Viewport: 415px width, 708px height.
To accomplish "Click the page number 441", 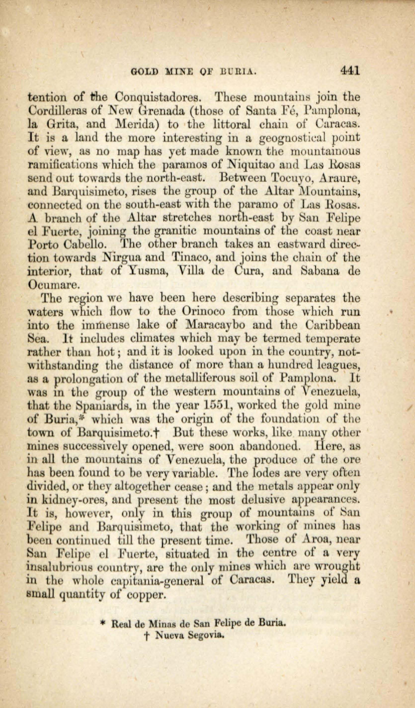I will [350, 71].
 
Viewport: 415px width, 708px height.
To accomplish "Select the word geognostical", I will [296, 138].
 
